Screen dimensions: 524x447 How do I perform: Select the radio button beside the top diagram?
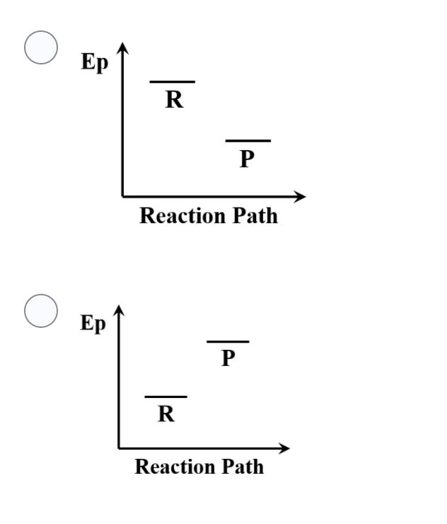click(x=41, y=47)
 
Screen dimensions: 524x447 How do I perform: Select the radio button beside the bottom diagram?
click(x=41, y=311)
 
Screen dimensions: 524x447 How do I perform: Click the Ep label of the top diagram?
click(x=95, y=62)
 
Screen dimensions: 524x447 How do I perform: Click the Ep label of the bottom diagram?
click(x=93, y=324)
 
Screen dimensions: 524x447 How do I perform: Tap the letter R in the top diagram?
click(x=173, y=100)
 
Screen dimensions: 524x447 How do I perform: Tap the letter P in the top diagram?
click(x=247, y=159)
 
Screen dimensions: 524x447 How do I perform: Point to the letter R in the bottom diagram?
click(x=166, y=414)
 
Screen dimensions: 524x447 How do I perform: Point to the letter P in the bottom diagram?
click(x=227, y=359)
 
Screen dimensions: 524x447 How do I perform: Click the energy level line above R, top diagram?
click(x=172, y=82)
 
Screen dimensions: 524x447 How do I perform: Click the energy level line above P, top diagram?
click(x=248, y=141)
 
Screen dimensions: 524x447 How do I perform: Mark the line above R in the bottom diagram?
click(x=166, y=397)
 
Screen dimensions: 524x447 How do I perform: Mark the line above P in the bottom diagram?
click(x=228, y=342)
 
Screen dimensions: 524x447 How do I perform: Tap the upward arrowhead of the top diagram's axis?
click(x=122, y=48)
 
